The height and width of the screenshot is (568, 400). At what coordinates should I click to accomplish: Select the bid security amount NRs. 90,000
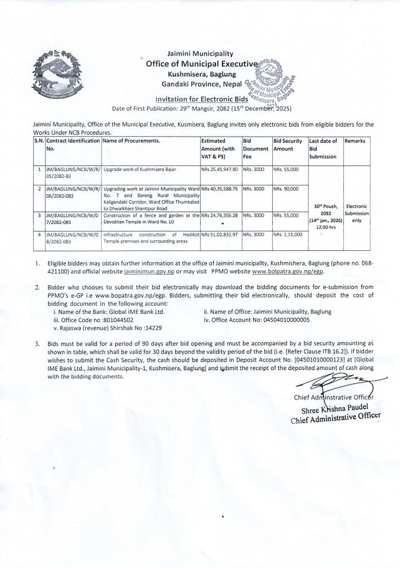(x=286, y=189)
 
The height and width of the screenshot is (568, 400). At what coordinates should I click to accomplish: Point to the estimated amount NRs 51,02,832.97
(x=221, y=234)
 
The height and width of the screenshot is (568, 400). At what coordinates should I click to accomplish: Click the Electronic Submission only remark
(x=357, y=213)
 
